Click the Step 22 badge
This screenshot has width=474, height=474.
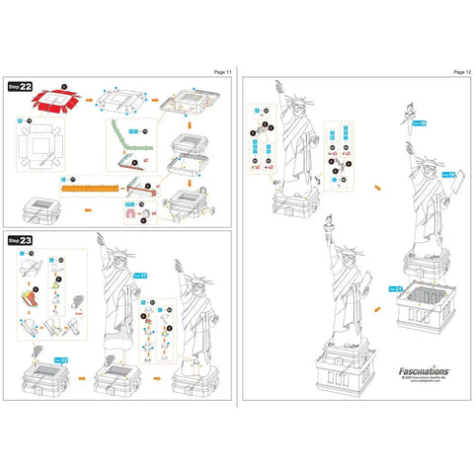(x=20, y=86)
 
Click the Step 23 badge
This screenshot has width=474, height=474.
(x=20, y=240)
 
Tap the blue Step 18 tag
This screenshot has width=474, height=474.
(x=421, y=123)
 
